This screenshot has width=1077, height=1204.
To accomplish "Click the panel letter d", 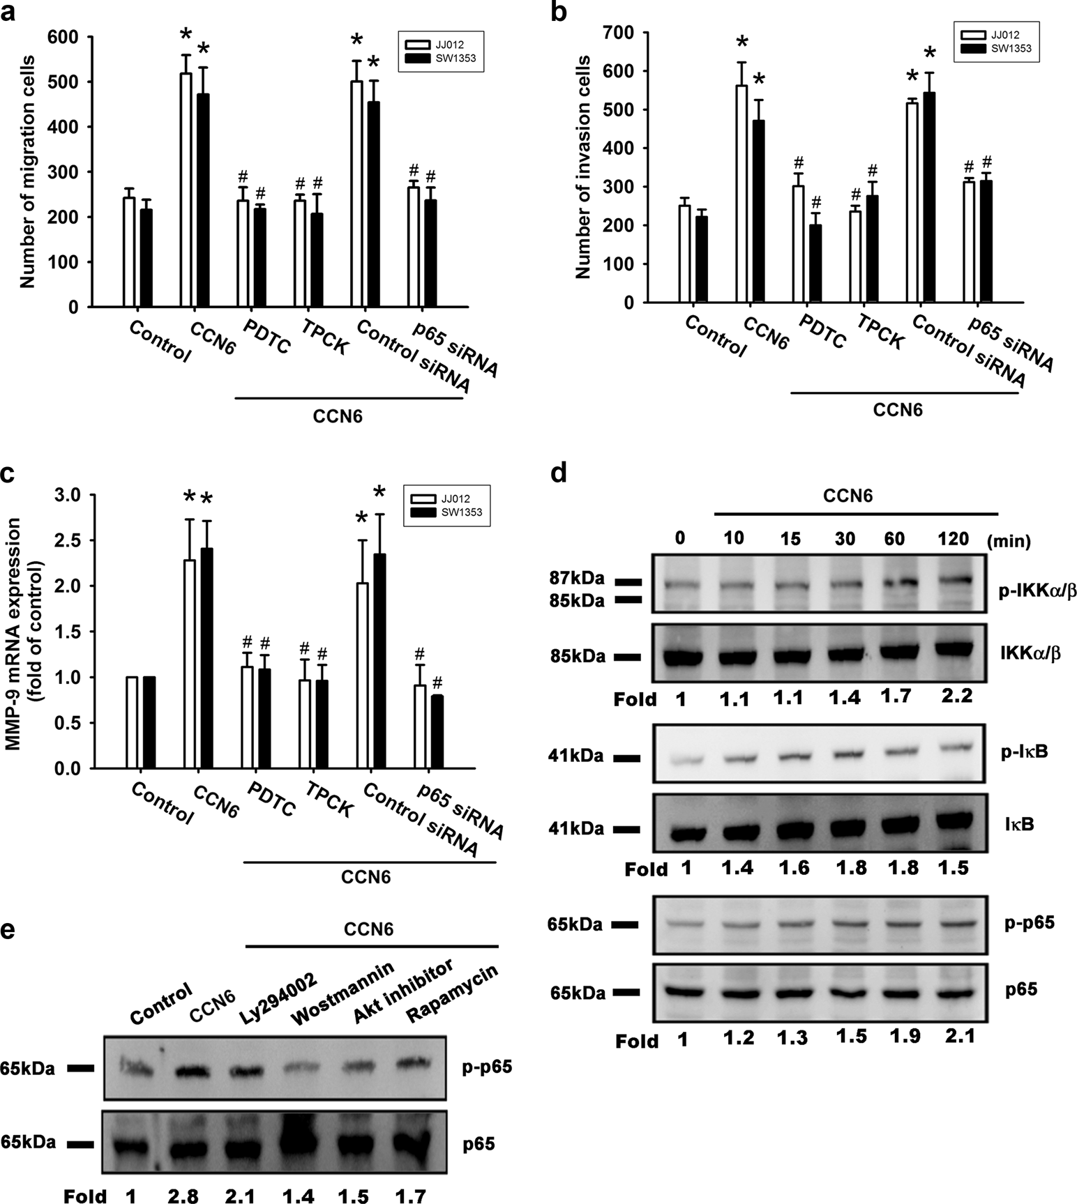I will coord(559,475).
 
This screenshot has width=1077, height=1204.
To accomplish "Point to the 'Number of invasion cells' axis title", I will coord(584,168).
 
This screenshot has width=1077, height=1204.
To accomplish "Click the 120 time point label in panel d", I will coord(953,539).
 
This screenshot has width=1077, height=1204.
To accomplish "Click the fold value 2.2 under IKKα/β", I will coord(956,696).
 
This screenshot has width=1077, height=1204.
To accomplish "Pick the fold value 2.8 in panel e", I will coord(183,1196).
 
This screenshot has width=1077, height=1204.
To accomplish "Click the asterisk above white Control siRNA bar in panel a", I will coord(356,41).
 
